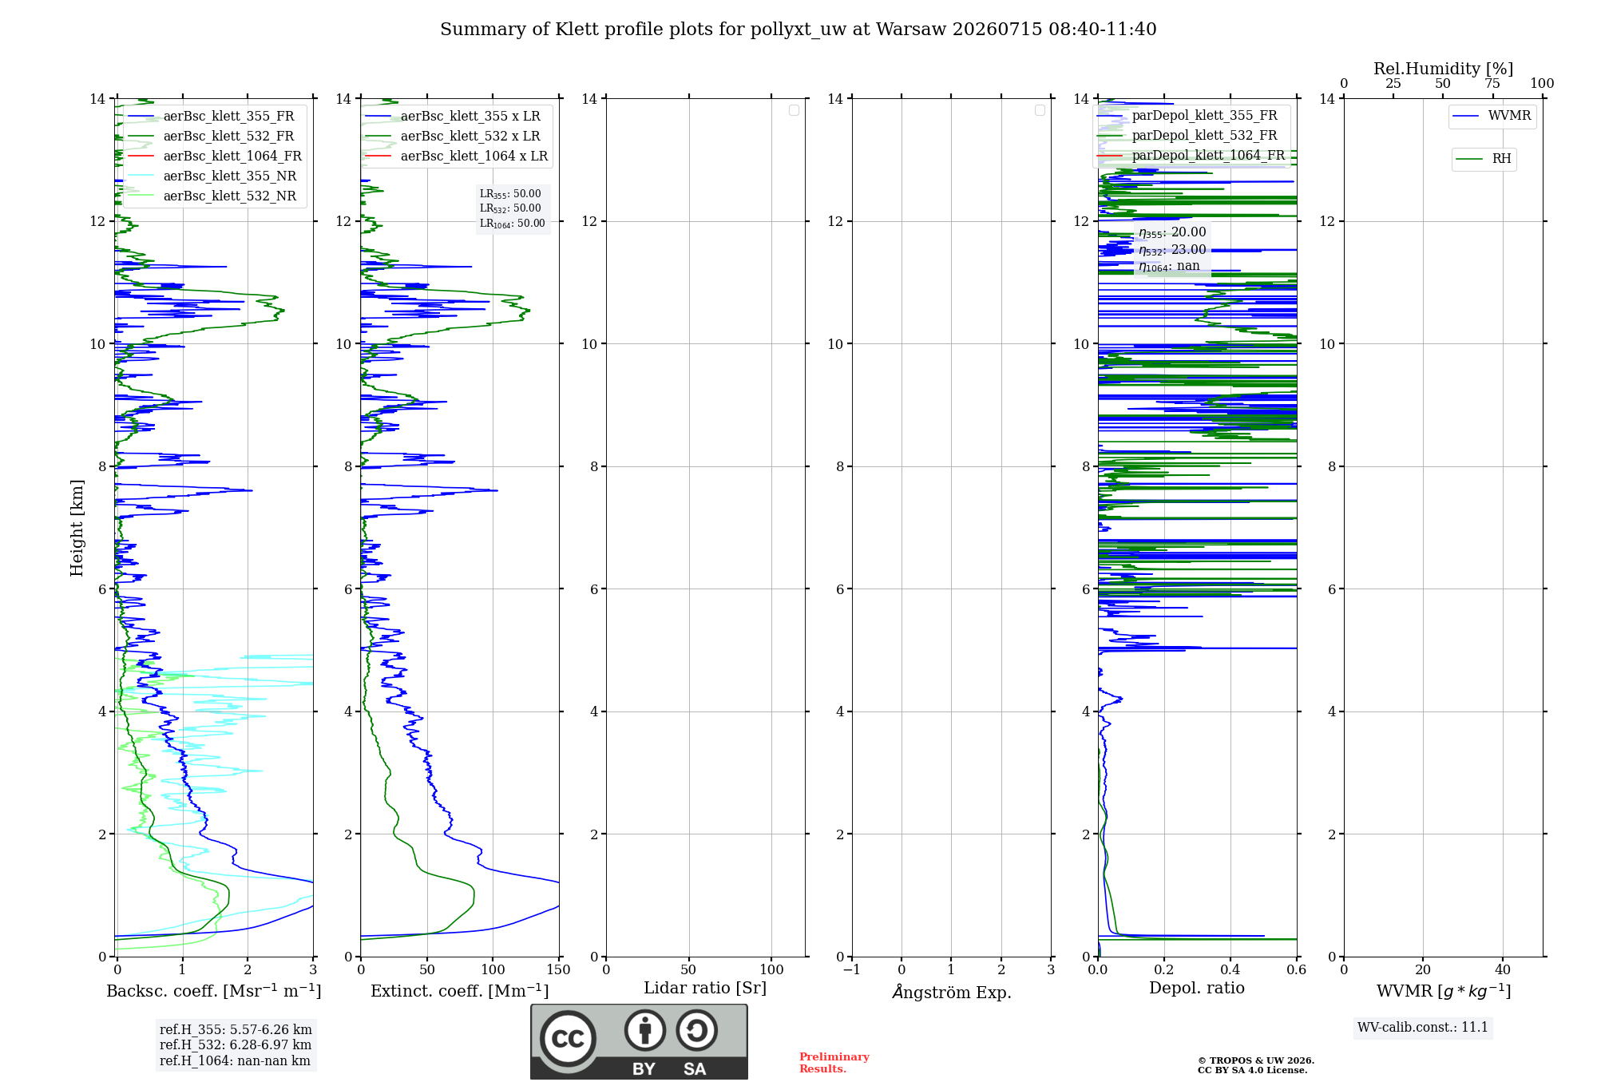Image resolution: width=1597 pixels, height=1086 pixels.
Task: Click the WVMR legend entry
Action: pos(1492,116)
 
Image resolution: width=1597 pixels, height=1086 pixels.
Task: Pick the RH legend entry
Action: pos(1484,159)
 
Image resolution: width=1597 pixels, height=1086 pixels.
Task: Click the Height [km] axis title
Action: pos(77,528)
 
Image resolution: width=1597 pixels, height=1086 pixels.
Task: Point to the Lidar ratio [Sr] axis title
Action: pos(705,989)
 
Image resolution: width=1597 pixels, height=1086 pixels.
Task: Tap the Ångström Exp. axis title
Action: pos(952,992)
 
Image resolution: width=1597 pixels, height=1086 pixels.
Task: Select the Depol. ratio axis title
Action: pos(1197,989)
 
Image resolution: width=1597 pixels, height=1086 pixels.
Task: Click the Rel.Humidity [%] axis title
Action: pos(1444,69)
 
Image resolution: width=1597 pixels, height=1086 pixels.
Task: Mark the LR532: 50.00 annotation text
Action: pos(510,208)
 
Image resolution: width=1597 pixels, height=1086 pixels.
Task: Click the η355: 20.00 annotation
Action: pos(1172,232)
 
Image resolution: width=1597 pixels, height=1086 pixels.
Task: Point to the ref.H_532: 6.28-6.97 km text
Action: pos(236,1045)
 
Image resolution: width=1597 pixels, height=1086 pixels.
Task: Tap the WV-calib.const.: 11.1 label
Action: pos(1423,1028)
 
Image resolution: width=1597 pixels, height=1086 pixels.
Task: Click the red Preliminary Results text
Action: pos(834,1063)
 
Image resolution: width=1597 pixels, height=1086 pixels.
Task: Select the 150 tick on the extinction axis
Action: pos(559,970)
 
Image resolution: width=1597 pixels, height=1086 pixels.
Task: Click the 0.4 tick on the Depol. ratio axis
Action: pos(1230,970)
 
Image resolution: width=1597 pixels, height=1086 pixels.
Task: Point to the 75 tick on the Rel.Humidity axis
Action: pos(1492,84)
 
